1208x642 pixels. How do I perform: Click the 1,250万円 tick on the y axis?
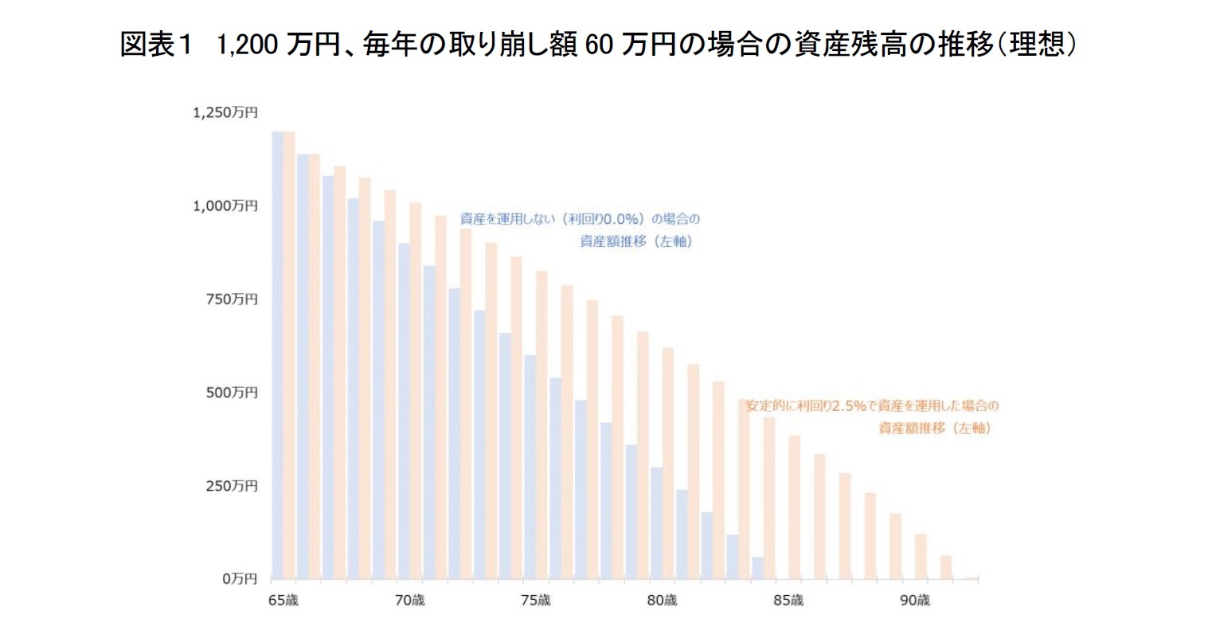coord(225,113)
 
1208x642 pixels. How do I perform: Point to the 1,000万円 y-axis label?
coord(225,206)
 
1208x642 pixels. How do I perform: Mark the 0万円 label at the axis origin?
coord(238,578)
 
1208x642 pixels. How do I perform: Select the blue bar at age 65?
coord(277,354)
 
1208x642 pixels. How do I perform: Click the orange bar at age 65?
coord(289,354)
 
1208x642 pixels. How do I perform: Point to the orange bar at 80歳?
coord(668,463)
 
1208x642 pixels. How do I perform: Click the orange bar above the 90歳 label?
coord(921,556)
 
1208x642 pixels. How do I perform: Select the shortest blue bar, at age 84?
coord(757,568)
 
